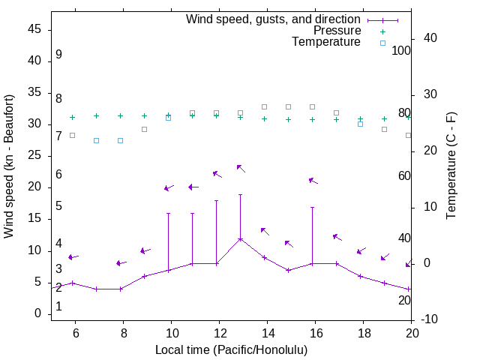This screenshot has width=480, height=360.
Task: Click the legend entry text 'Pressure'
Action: pos(337,31)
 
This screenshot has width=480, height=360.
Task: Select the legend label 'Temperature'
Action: pos(326,42)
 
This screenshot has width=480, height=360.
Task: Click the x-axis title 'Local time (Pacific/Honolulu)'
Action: pos(231,349)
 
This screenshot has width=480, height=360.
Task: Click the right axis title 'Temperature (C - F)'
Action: pos(451,166)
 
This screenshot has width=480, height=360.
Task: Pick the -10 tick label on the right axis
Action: pos(429,319)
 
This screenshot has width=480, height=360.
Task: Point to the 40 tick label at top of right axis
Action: pos(426,38)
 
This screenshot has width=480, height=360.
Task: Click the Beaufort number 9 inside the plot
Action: pos(58,55)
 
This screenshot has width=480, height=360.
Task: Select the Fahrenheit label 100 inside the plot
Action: pos(402,50)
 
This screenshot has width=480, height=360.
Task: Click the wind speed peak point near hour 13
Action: pos(240,239)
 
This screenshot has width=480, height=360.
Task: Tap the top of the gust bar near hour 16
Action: pos(312,207)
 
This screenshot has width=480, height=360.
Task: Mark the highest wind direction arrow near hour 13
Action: pos(241,168)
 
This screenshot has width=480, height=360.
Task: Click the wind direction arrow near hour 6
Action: pos(73,256)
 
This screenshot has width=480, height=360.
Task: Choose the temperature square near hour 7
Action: pos(96,140)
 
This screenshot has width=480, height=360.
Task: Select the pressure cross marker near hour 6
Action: pos(72,117)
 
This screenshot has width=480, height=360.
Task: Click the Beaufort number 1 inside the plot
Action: pos(58,307)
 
